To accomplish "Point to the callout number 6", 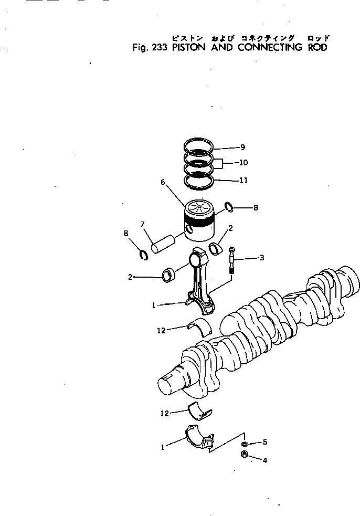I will [163, 183].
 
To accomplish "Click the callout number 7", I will [142, 225].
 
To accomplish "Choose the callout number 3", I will [261, 258].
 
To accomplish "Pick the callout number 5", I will [265, 442].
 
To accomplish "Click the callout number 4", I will [265, 460].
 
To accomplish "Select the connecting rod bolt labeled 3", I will [232, 260].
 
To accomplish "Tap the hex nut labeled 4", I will [244, 455].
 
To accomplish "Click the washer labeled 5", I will [246, 444].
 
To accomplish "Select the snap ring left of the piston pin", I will [142, 256].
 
